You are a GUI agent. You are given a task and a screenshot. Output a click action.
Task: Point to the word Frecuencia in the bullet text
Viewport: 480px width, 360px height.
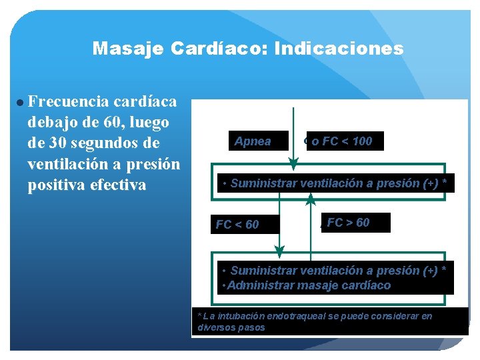(69, 102)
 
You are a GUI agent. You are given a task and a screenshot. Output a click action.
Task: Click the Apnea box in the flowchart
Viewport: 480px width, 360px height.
(253, 141)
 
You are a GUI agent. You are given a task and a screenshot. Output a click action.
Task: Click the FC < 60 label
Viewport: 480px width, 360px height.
(237, 225)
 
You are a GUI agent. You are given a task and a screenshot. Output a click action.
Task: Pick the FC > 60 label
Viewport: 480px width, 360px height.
(348, 223)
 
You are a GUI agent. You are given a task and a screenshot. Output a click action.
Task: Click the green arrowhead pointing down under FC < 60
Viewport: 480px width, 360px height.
(279, 249)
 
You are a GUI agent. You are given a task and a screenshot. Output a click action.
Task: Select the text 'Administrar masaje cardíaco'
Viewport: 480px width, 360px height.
(309, 285)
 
